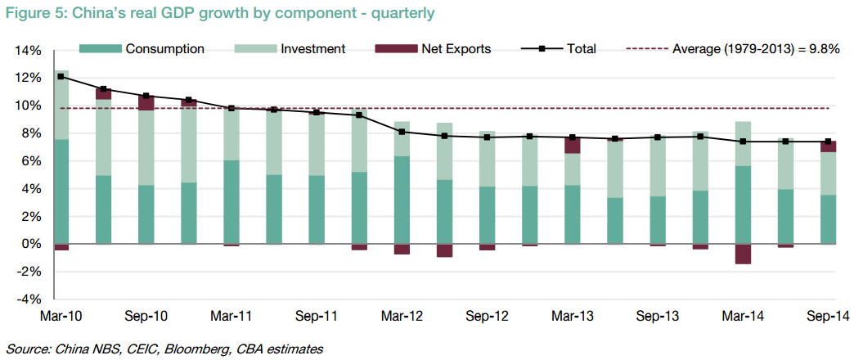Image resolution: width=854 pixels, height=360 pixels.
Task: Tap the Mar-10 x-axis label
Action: (x=61, y=315)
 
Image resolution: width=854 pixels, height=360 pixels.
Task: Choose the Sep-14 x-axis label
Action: (x=827, y=315)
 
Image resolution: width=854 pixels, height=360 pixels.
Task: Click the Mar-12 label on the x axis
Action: (x=402, y=315)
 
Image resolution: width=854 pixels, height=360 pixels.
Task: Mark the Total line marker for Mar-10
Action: (x=61, y=76)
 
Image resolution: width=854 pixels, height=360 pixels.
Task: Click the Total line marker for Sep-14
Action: (x=828, y=142)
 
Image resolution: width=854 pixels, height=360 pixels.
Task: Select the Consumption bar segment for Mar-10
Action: (x=61, y=191)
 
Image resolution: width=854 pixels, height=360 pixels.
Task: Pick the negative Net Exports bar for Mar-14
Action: (x=743, y=254)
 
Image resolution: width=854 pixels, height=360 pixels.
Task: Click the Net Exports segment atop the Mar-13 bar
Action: (x=573, y=145)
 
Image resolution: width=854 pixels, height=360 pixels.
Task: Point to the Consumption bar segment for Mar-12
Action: (x=402, y=200)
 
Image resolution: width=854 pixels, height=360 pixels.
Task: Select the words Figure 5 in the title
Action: (x=34, y=13)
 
